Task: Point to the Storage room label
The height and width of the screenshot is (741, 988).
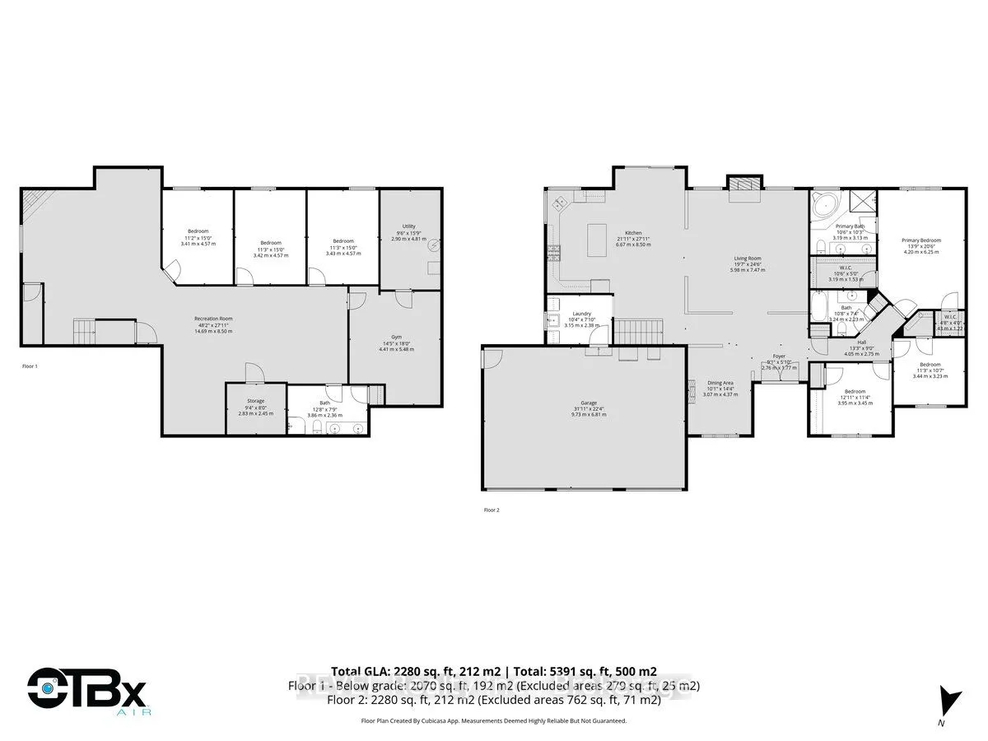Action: (254, 401)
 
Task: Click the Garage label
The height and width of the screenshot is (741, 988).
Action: (588, 403)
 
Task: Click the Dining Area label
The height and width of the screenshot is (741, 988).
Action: (720, 382)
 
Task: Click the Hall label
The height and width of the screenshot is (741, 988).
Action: (861, 342)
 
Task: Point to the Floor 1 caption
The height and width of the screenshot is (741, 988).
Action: (30, 366)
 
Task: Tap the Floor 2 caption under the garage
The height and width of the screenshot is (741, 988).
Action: (492, 510)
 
